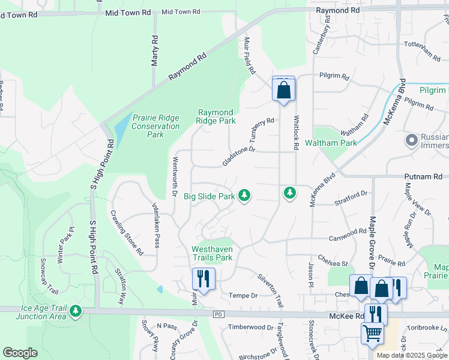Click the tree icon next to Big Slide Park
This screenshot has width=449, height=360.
point(244,194)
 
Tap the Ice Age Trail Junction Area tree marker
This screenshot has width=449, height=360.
point(76,310)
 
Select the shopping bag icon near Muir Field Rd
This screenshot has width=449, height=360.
point(283,89)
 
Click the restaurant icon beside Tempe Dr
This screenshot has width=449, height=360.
point(203,279)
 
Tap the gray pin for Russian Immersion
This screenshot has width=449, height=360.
point(412,140)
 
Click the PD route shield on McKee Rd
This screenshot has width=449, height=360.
point(218,314)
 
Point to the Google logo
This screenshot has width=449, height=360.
point(20,353)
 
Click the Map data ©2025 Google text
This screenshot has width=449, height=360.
point(412,355)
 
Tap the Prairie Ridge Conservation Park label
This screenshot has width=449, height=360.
point(156,126)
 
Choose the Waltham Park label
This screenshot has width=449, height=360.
point(331,143)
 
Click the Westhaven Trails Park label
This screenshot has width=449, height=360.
point(211,253)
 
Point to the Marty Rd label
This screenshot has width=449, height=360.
point(155,46)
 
